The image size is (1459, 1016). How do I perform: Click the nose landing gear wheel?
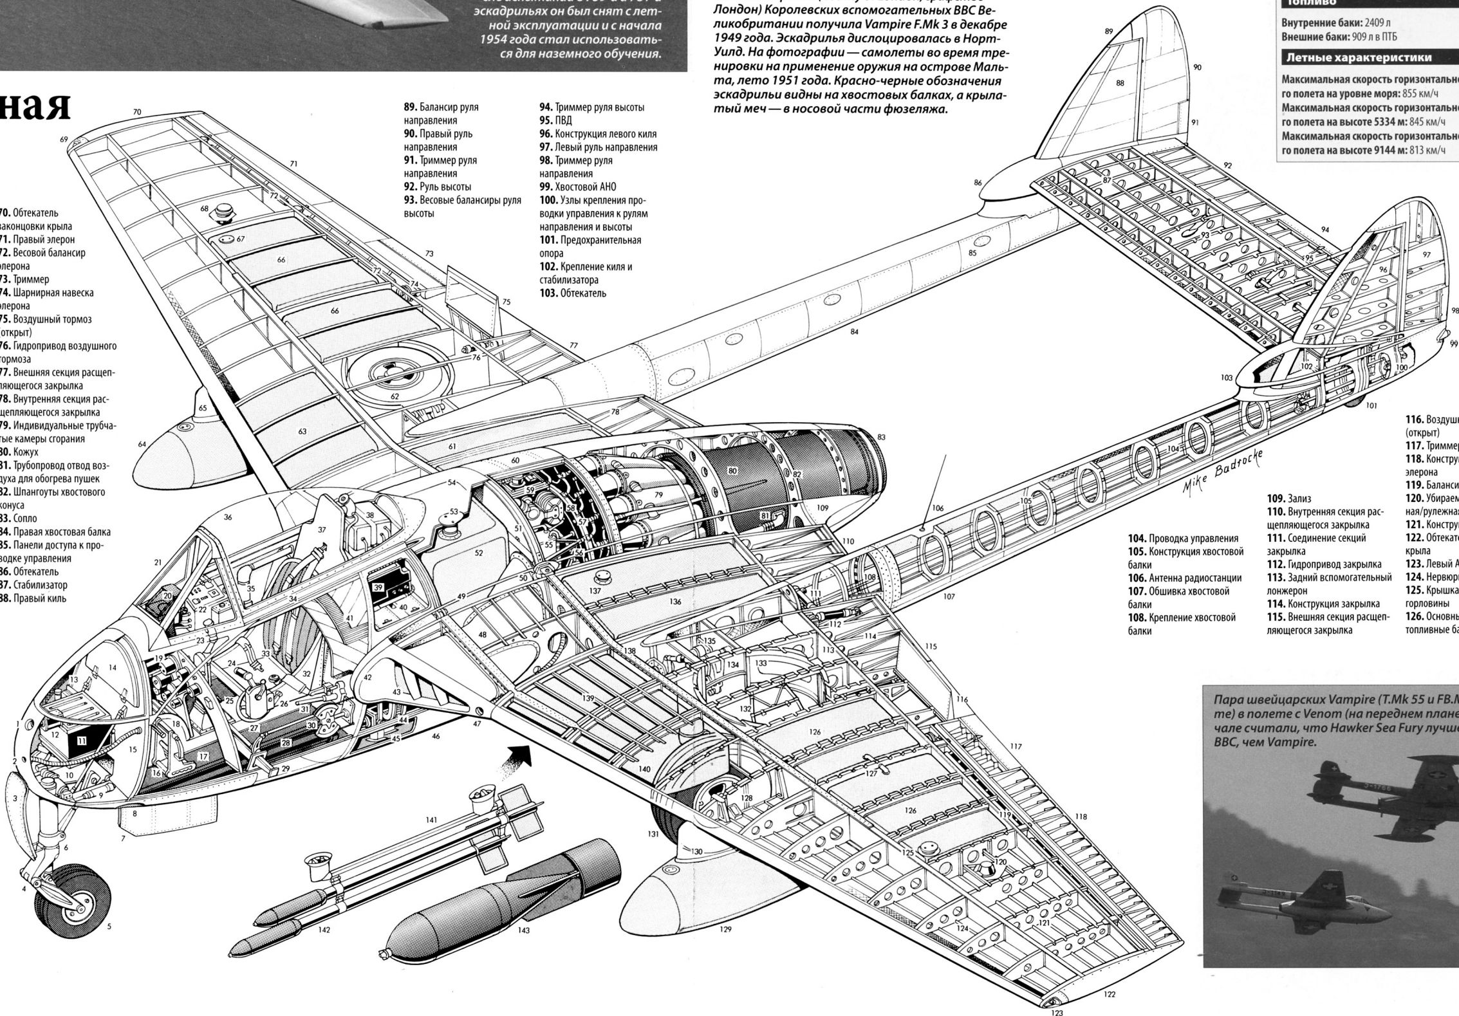tap(78, 901)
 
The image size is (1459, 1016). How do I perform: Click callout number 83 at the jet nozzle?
tap(881, 437)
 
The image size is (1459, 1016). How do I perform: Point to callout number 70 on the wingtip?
tap(137, 112)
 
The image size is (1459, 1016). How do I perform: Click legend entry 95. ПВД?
tap(555, 120)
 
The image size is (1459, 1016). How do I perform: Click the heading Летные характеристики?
tap(1358, 58)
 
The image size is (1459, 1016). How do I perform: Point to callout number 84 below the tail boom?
tap(854, 332)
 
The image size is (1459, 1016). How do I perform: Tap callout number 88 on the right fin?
tap(1120, 83)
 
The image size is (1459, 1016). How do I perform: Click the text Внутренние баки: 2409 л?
tap(1326, 23)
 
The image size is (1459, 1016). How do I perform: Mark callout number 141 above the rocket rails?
tap(431, 820)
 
